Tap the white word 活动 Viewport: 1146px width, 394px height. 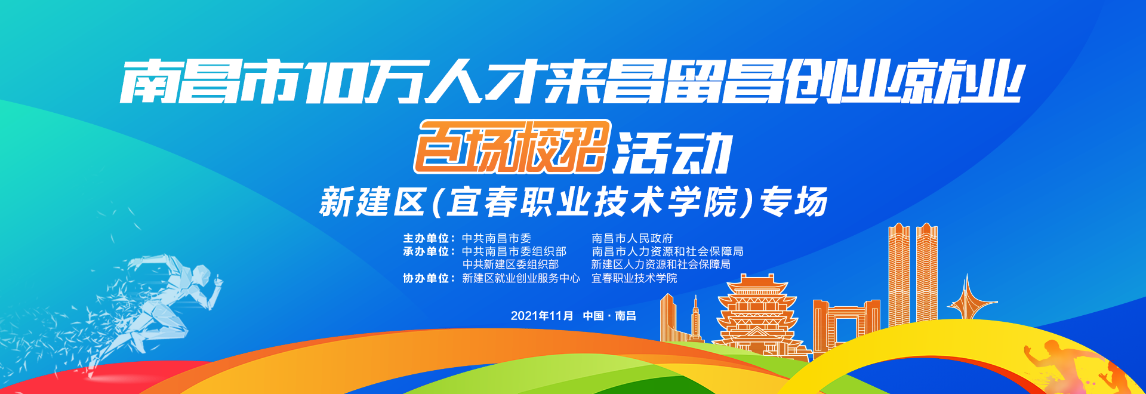(673, 153)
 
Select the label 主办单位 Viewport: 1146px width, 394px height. (426, 238)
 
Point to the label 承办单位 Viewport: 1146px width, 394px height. (426, 251)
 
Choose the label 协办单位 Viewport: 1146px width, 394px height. (426, 278)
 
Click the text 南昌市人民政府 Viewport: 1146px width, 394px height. (632, 238)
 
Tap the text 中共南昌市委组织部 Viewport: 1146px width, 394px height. (514, 251)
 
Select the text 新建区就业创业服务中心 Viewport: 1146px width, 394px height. (521, 278)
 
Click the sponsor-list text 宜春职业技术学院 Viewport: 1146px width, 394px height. (634, 278)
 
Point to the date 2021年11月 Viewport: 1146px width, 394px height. (542, 316)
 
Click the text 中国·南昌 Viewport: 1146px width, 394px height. (609, 316)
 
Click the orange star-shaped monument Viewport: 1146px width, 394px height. (968, 298)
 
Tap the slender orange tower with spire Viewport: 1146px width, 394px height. (695, 319)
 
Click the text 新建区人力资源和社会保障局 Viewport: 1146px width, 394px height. (661, 264)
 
